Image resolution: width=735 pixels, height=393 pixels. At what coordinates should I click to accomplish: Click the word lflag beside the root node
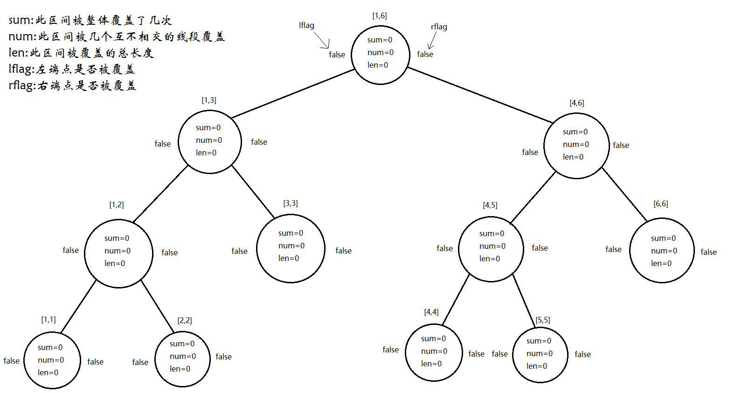306,25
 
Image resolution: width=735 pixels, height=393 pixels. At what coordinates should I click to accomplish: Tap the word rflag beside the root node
439,27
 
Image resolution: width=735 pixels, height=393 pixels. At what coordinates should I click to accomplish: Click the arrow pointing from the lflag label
322,40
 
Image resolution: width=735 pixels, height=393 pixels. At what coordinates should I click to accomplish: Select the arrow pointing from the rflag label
432,40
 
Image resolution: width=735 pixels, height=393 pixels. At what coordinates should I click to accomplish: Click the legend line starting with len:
81,53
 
